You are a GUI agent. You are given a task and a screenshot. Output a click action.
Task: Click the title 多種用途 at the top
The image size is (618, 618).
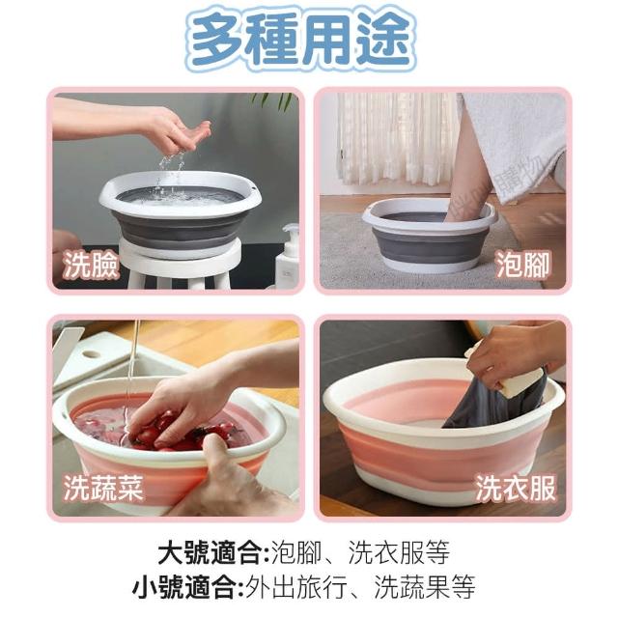(x=301, y=40)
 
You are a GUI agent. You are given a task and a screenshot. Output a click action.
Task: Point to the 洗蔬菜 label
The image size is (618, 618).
(x=103, y=488)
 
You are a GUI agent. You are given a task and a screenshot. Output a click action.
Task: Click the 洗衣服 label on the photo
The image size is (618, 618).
(x=516, y=488)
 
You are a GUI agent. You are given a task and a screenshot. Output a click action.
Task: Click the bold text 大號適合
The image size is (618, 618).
(x=210, y=552)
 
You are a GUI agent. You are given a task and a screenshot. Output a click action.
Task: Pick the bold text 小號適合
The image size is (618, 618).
(x=184, y=587)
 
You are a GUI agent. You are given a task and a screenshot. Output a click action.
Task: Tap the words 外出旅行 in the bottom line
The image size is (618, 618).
(x=295, y=587)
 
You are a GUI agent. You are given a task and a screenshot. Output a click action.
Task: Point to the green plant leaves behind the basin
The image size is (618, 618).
(x=272, y=100)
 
